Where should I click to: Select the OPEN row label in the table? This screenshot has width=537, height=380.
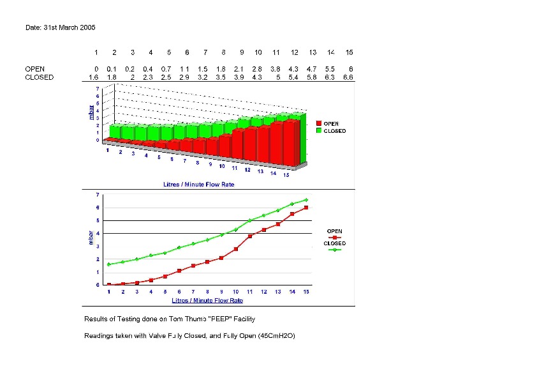tap(35, 68)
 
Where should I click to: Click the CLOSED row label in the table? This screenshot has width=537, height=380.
tap(40, 77)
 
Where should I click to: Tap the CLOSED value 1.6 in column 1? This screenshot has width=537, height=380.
tap(93, 77)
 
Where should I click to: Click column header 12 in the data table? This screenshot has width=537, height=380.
tap(295, 52)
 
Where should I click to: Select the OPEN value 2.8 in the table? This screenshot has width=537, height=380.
tap(258, 68)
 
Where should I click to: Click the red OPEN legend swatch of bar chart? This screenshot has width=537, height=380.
tap(319, 123)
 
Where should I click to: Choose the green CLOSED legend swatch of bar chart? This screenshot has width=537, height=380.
tap(319, 131)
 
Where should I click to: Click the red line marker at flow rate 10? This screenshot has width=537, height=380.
tap(236, 249)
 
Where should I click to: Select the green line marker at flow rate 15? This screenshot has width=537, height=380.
tap(306, 200)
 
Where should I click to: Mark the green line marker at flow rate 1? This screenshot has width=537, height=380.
tap(109, 264)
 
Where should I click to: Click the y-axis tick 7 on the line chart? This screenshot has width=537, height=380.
tap(97, 194)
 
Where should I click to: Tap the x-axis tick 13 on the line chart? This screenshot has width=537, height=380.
tap(278, 292)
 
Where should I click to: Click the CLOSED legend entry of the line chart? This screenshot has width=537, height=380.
tap(335, 243)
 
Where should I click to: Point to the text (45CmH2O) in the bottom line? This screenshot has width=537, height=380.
tap(277, 336)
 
